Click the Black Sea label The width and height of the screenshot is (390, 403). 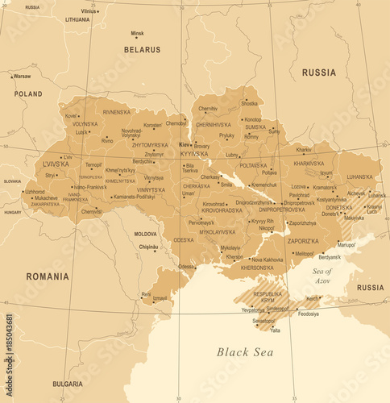(244, 351)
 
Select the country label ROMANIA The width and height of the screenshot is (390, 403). (47, 276)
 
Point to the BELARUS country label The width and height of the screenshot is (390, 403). (142, 50)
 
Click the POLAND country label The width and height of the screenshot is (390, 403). (27, 94)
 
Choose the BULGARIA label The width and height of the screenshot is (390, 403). (68, 384)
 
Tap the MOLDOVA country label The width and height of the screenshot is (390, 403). (145, 234)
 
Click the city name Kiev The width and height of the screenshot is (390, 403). (185, 144)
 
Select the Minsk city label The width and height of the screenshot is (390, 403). (138, 33)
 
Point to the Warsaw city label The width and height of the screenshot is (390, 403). (22, 77)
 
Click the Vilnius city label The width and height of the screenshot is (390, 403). (89, 11)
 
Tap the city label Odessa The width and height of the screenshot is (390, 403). (186, 266)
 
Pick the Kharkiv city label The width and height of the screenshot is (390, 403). (304, 150)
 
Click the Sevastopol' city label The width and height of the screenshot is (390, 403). (263, 321)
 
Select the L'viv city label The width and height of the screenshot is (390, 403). (68, 158)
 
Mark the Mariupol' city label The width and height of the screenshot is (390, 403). (346, 244)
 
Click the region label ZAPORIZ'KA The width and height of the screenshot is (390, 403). (303, 240)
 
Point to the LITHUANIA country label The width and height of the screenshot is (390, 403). (77, 19)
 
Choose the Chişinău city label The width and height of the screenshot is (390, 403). (147, 247)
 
